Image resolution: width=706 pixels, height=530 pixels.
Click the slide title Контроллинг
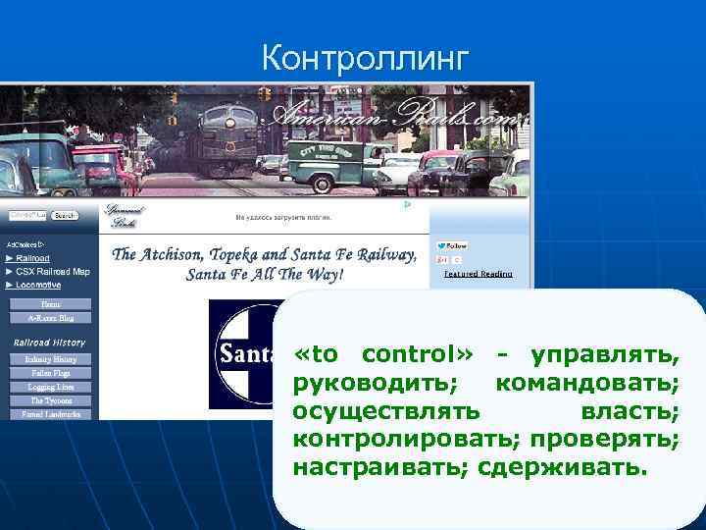[366, 59]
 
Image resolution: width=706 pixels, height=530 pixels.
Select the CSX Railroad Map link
[52, 271]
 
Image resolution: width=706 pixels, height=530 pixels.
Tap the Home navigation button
[50, 304]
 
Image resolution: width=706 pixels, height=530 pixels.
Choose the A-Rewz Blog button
[50, 318]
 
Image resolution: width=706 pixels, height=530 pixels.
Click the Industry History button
[50, 360]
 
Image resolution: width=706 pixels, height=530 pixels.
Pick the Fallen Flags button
[50, 374]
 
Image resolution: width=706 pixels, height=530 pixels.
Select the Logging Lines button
[50, 388]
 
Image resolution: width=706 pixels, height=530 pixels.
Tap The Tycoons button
[50, 401]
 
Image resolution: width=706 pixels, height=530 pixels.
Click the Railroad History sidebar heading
[49, 343]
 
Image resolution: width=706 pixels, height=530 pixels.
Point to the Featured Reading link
[478, 274]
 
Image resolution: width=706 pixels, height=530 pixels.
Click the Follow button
[453, 245]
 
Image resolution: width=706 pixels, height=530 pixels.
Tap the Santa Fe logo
[241, 353]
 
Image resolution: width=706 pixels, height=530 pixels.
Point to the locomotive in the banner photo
[226, 137]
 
